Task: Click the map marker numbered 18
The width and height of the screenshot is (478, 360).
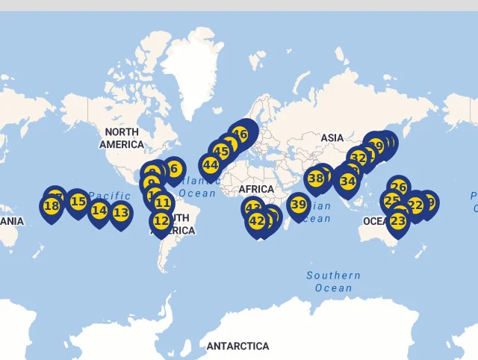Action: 52,206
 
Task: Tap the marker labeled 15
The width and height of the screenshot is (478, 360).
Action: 78,202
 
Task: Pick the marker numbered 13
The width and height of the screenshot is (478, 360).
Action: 121,213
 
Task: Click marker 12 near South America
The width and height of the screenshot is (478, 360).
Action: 161,221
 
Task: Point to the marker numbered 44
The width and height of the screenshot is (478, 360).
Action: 210,165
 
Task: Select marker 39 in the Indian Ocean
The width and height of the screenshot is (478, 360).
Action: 299,205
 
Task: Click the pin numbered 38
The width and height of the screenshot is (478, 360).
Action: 316,179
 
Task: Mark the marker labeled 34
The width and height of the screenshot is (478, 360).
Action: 347,181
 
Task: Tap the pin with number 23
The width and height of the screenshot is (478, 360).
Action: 398,221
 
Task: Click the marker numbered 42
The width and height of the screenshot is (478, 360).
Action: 257,221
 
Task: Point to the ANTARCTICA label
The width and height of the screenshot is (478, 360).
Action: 238,347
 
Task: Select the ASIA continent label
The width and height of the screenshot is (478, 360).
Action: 332,138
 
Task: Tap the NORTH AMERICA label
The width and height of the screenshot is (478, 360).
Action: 121,138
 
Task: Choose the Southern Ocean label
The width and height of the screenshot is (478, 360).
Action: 333,282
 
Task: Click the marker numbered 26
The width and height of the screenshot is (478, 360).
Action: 399,187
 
